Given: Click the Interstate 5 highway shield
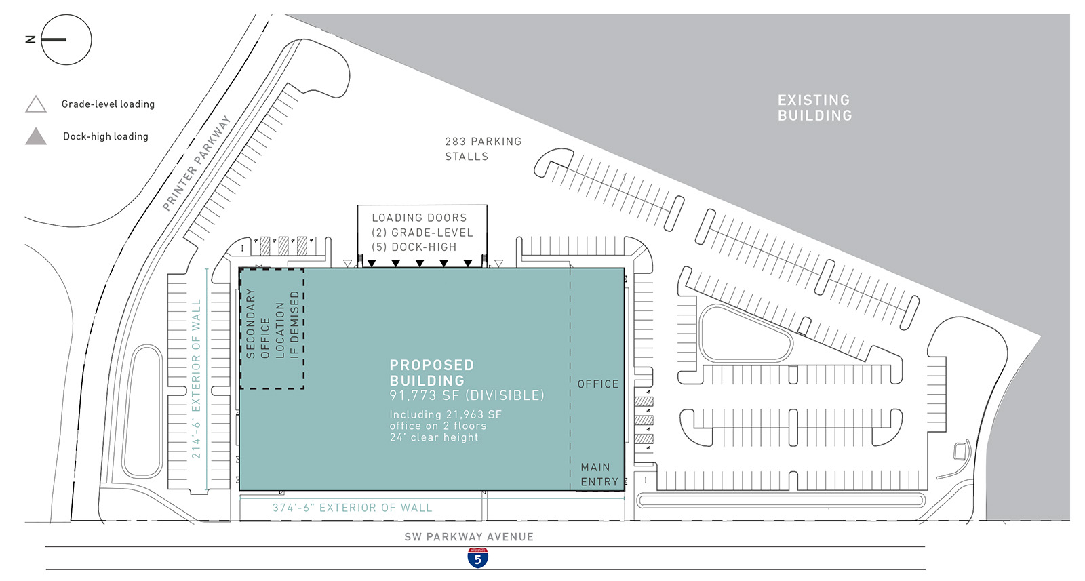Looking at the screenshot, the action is [477, 558].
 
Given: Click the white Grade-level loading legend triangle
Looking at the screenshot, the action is [36, 104].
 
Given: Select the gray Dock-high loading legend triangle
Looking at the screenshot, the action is [36, 136].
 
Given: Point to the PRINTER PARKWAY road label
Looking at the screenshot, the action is [196, 163].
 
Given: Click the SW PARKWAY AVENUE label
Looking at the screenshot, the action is [469, 536].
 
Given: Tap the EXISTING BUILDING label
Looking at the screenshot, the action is [814, 108].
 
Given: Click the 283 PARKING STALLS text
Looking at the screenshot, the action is [484, 149].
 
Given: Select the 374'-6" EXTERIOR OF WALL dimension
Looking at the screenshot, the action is [352, 508].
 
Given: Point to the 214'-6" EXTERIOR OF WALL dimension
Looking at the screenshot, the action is [196, 379].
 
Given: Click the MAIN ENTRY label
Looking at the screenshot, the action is [599, 475].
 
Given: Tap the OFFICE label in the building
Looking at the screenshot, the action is [598, 384].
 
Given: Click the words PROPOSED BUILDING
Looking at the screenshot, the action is [432, 373].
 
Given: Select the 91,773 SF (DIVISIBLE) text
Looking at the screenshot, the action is [467, 395].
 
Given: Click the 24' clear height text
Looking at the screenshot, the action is [434, 437].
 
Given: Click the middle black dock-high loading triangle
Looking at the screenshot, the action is [420, 263].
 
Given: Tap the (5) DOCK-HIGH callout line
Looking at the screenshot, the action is [414, 247].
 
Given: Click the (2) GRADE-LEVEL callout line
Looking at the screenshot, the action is [422, 233].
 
